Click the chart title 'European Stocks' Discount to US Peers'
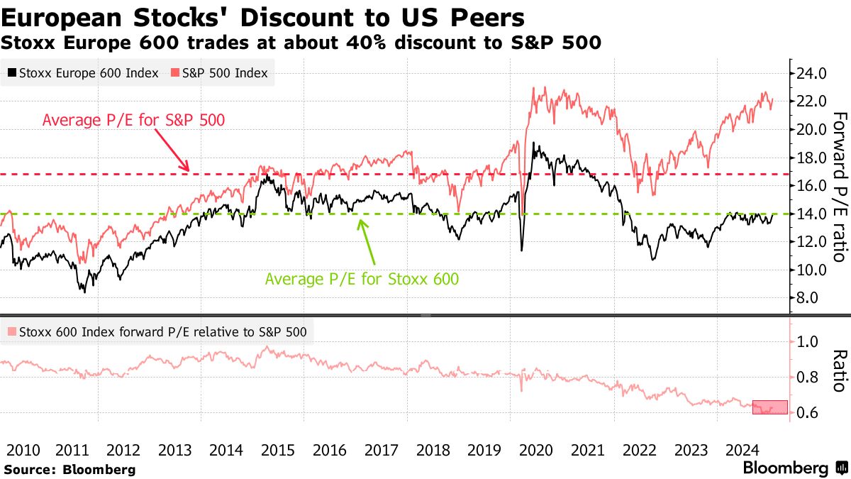[263, 17]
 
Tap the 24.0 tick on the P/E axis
[811, 73]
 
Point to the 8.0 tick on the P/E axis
[807, 297]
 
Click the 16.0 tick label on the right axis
[811, 185]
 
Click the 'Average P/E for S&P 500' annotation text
[133, 120]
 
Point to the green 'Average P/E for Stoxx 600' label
[362, 279]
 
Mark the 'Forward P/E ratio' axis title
[839, 186]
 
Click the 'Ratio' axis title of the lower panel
[839, 370]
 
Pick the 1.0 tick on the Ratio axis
[807, 341]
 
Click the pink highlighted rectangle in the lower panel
[769, 407]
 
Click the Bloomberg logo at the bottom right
[794, 468]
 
